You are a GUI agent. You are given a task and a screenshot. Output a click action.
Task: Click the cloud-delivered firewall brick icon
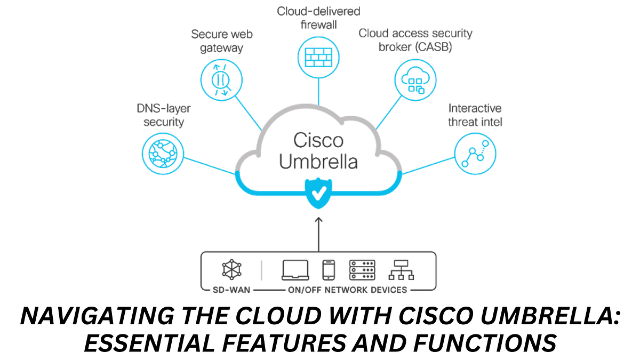318,56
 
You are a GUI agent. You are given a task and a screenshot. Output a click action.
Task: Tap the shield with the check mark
318,194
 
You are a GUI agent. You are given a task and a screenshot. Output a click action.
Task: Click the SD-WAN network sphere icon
232,270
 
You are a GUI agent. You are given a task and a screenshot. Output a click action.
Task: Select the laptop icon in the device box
295,270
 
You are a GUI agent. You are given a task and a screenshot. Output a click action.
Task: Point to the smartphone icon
329,270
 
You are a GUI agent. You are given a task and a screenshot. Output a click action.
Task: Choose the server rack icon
362,270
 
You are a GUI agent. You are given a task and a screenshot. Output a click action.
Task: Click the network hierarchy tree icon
402,270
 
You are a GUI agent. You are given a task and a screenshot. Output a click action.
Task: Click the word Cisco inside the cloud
318,140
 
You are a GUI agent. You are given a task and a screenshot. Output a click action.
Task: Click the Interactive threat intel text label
475,115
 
